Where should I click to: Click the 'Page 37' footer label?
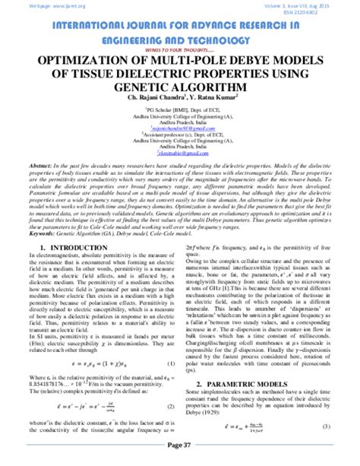pos(179,456)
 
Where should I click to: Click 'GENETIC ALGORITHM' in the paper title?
pos(179,87)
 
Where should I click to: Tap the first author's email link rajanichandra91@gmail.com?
pos(179,129)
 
